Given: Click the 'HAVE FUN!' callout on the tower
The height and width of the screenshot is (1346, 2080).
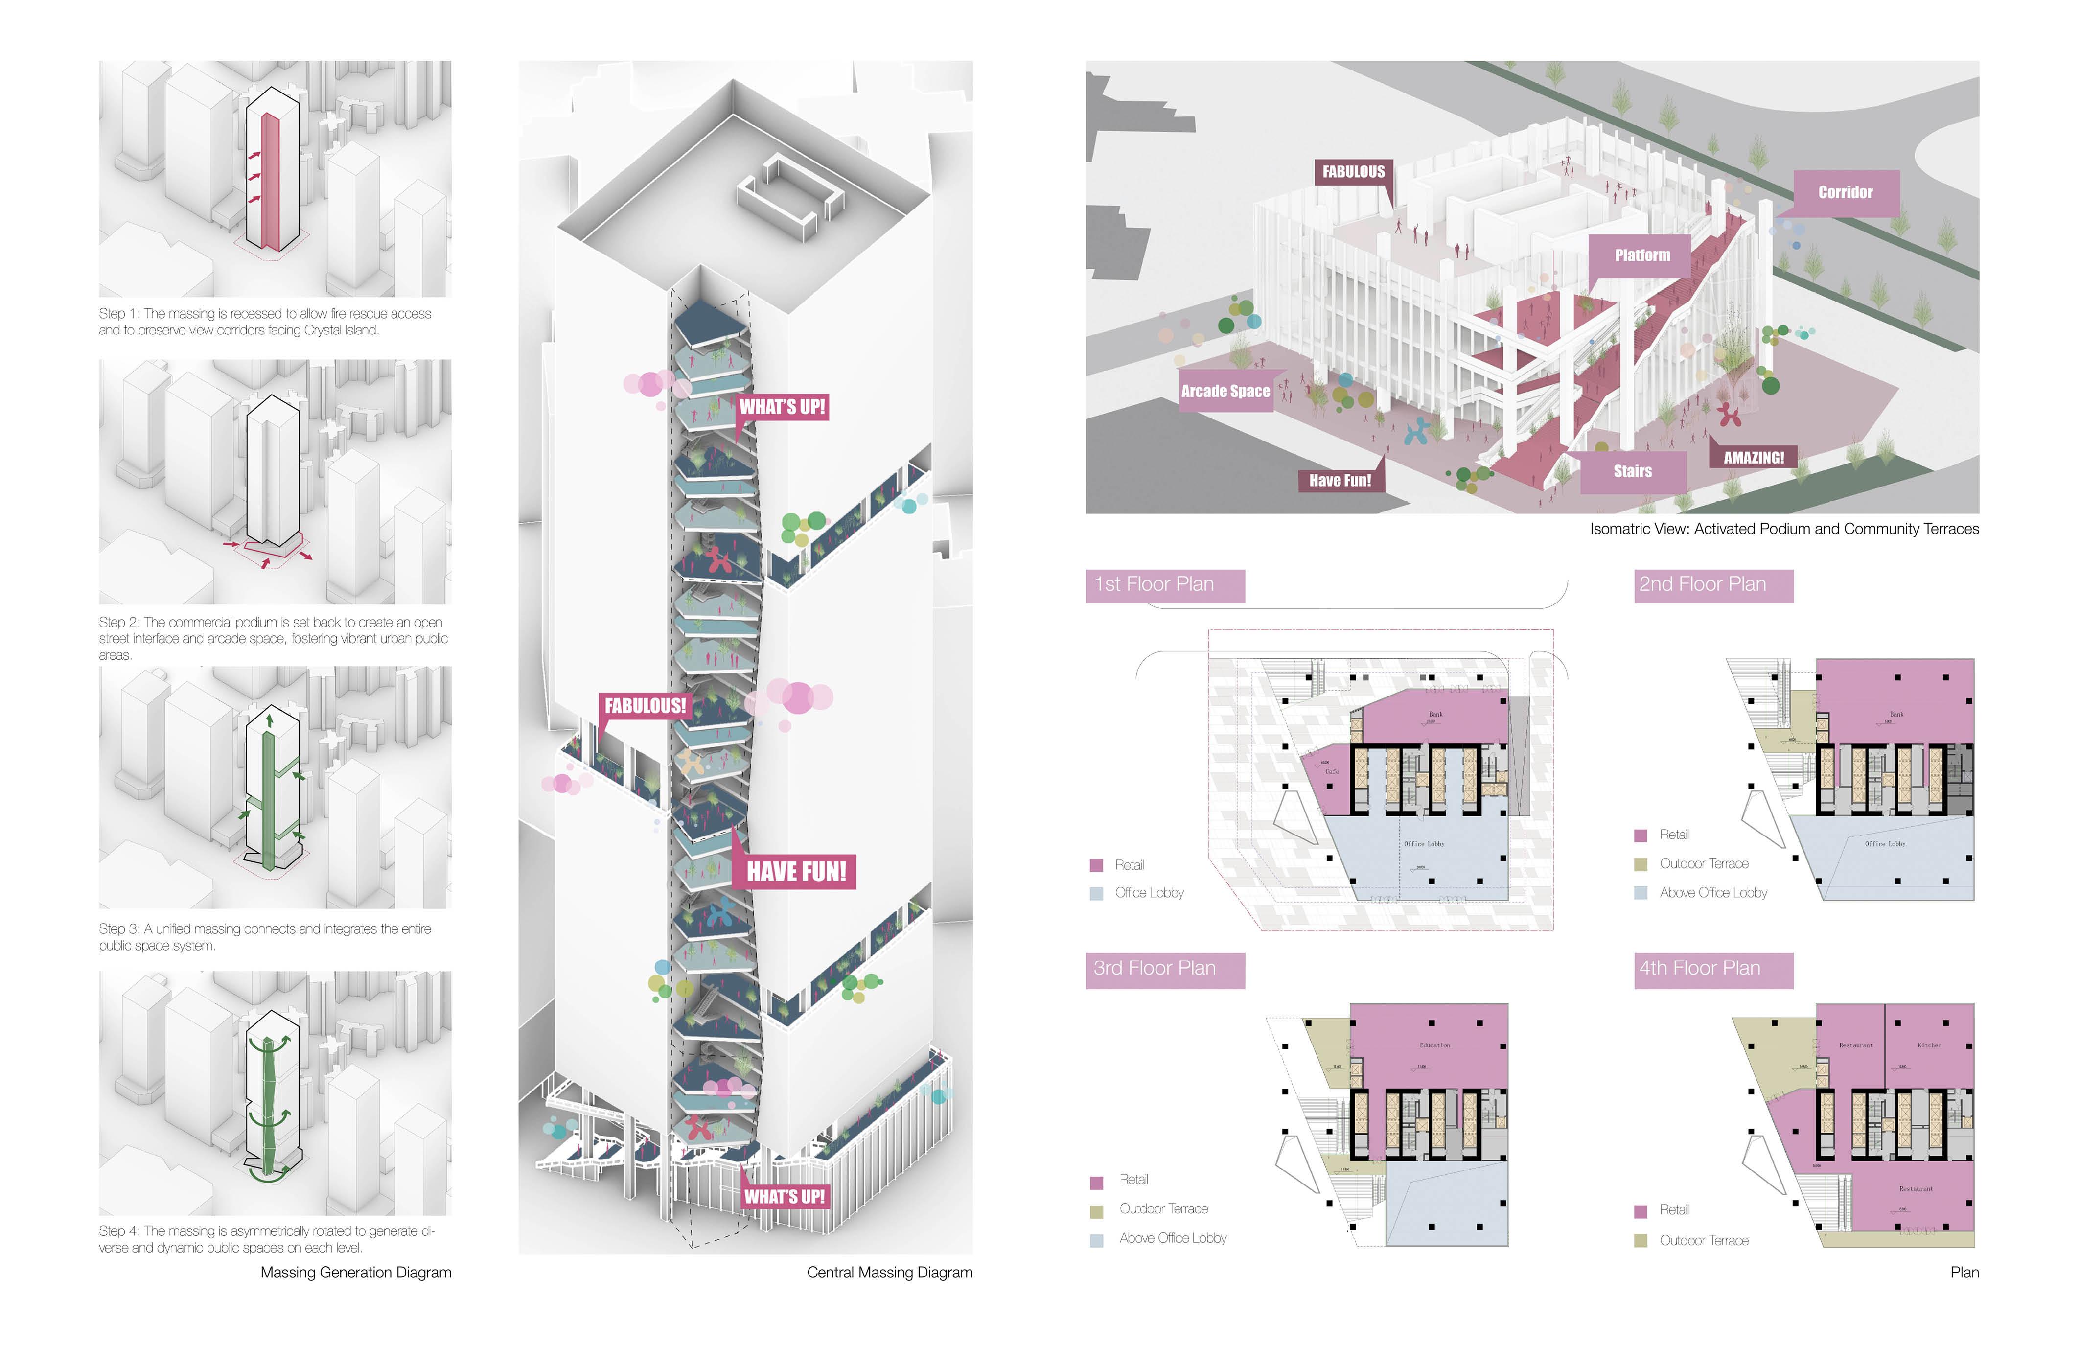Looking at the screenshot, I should tap(795, 871).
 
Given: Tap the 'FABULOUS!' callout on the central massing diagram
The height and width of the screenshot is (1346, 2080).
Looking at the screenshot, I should tap(645, 705).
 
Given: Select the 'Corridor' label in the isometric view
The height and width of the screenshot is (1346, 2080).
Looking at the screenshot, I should tap(1845, 192).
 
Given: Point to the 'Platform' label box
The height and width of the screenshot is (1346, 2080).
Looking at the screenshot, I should tap(1641, 255).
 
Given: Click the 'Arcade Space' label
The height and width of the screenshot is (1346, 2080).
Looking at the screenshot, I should tap(1225, 391).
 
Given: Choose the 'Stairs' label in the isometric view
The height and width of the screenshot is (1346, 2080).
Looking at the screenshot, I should tap(1632, 471).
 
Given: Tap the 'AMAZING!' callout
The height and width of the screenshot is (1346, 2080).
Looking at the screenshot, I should tap(1753, 457).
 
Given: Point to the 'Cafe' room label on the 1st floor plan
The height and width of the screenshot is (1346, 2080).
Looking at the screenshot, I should tap(1332, 772).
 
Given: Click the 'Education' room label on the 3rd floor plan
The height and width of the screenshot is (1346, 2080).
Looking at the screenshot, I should tap(1435, 1045).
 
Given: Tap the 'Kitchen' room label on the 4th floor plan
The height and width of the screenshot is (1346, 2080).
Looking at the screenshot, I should tap(1930, 1045).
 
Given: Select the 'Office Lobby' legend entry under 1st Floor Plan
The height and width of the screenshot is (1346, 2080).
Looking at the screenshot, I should tap(1148, 892).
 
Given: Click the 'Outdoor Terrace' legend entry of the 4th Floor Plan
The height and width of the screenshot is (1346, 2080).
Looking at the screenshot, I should tap(1703, 1240).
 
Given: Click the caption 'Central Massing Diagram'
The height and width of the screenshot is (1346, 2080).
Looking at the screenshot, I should tap(889, 1273).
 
